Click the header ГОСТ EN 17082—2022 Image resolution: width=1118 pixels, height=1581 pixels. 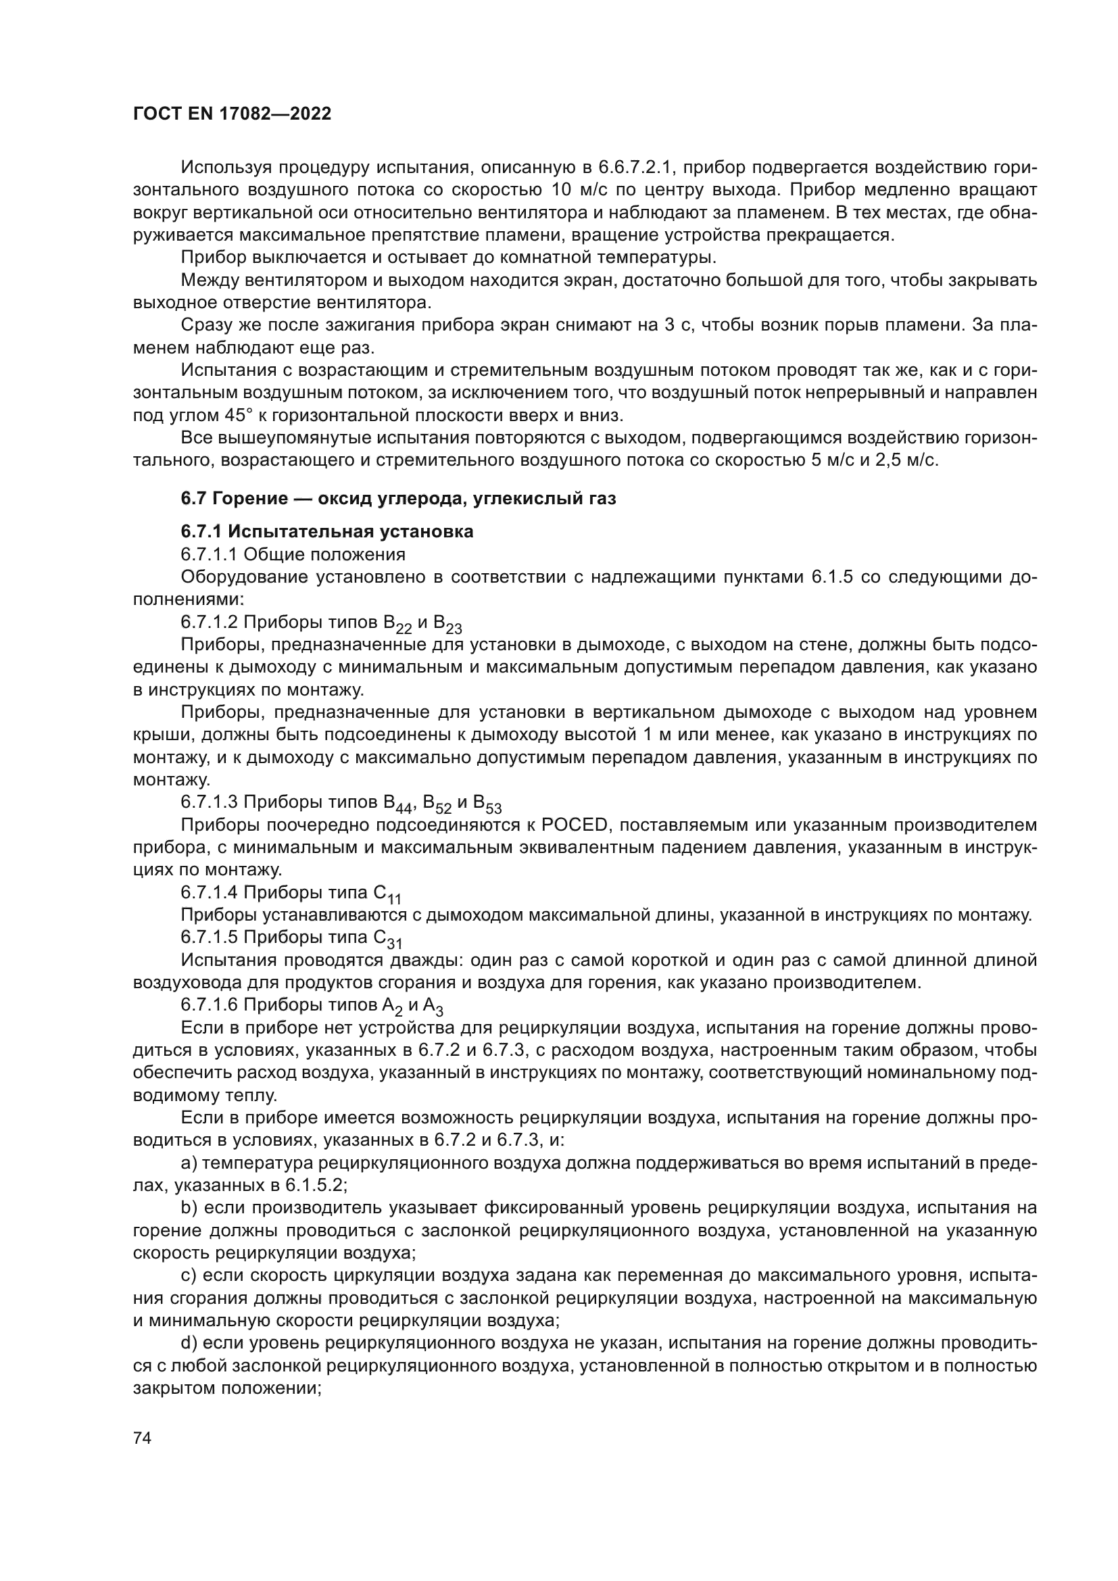tap(232, 114)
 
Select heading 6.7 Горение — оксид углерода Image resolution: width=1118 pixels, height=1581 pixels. tap(398, 499)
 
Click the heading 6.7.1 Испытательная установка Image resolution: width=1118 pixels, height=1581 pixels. tap(327, 531)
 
